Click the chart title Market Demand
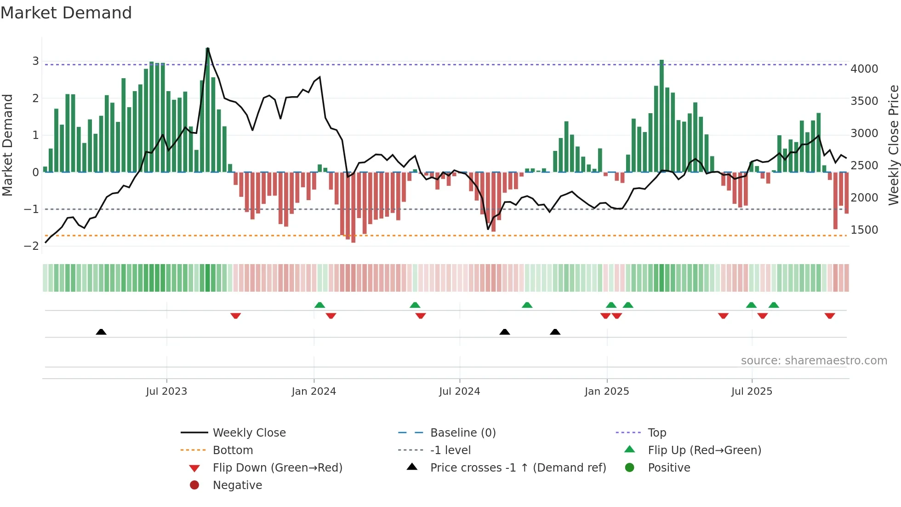[x=66, y=13]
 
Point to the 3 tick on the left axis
[x=35, y=61]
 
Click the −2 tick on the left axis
[x=31, y=246]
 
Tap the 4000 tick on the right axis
[x=864, y=69]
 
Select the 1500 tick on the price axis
[x=864, y=230]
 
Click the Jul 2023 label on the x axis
[x=166, y=392]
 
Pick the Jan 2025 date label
[x=607, y=392]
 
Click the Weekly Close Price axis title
[x=893, y=145]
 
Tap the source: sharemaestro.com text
[x=814, y=361]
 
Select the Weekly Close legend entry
[x=249, y=433]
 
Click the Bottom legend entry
[x=233, y=450]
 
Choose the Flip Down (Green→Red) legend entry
[x=277, y=468]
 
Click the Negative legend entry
[x=237, y=485]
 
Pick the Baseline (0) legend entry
[x=462, y=433]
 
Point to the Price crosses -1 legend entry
[x=518, y=468]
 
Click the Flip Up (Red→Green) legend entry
[x=704, y=450]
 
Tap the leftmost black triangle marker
[x=101, y=332]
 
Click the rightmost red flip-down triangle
[x=830, y=316]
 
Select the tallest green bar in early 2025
[x=661, y=115]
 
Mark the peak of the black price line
[x=208, y=48]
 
